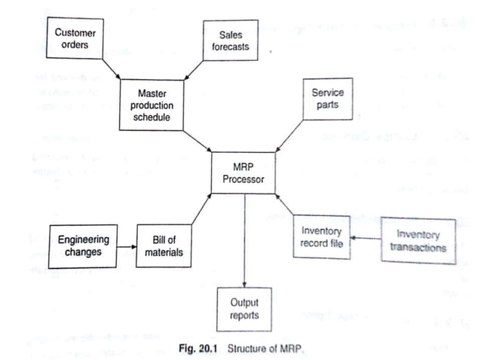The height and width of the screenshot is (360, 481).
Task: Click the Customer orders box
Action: point(75,39)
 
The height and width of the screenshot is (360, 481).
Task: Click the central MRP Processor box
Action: point(244,171)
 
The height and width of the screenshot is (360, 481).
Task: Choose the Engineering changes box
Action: point(84,246)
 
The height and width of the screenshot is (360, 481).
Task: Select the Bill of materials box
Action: point(164,246)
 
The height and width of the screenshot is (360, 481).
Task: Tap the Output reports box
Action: point(244,308)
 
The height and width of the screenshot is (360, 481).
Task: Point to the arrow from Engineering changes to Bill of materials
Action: point(126,246)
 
